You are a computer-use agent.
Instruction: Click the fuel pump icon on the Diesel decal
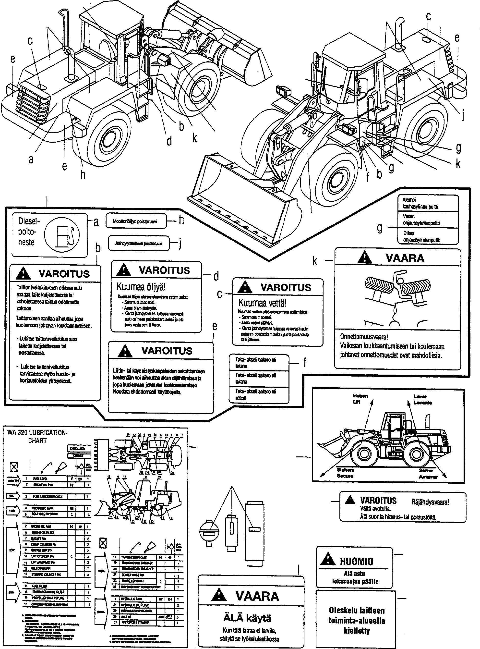63,235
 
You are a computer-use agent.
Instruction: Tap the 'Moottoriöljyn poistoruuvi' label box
136,221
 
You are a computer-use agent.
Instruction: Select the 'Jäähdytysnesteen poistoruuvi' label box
139,243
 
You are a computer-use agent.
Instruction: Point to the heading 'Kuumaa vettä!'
262,303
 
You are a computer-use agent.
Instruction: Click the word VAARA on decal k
405,258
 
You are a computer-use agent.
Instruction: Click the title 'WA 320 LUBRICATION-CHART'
37,437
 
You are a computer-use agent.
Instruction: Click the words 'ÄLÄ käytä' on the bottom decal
247,618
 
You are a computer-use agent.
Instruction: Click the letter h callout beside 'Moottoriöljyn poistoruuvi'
181,220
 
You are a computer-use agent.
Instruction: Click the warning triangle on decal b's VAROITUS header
24,274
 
